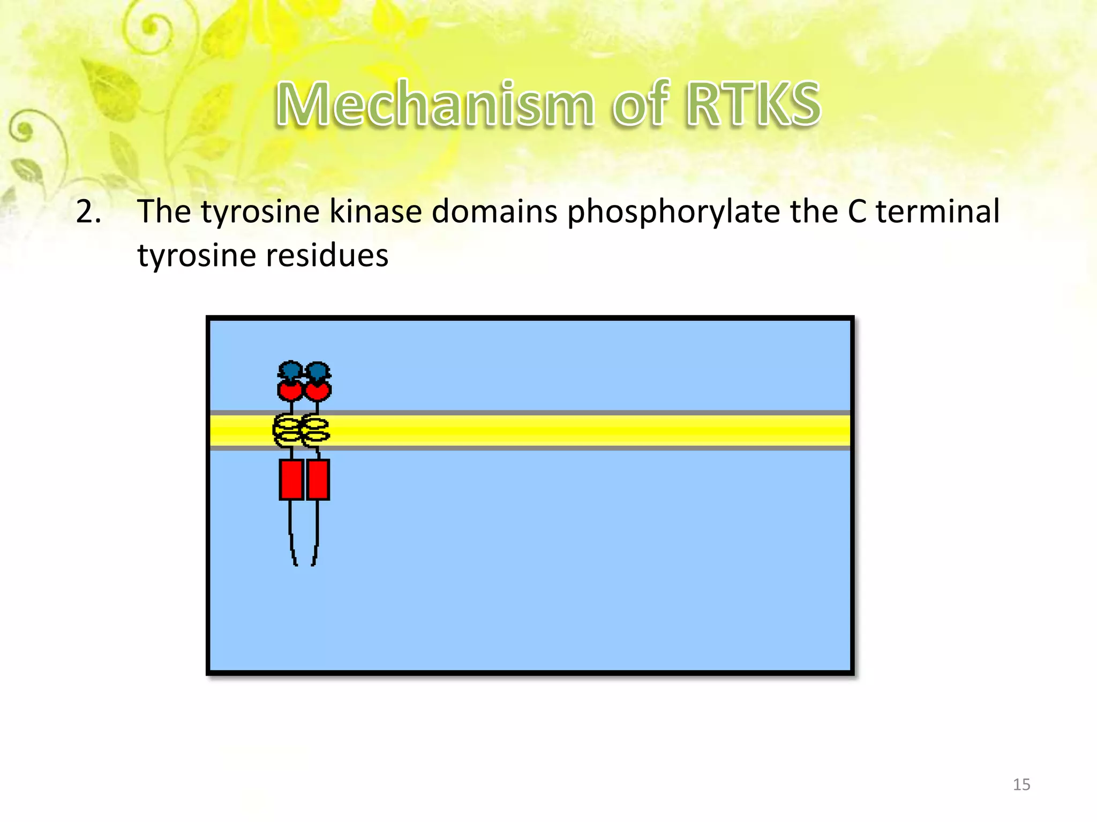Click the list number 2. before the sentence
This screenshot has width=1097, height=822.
(88, 212)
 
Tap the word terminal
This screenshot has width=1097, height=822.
(937, 212)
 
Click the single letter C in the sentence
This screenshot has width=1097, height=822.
(857, 212)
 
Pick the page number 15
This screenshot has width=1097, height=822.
(1021, 785)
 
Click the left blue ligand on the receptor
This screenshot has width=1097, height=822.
(290, 370)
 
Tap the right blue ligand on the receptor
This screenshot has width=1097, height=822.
(318, 370)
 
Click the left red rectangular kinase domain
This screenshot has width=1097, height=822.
(291, 479)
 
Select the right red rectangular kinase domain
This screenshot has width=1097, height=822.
(318, 479)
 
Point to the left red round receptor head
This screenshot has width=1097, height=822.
(290, 390)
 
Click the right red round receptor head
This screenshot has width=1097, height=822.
(318, 390)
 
